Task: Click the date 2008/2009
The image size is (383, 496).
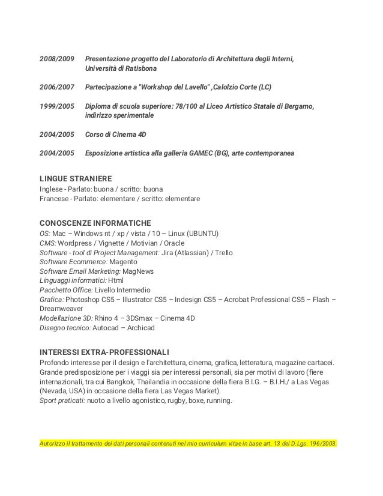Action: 57,59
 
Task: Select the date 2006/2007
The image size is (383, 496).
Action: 57,88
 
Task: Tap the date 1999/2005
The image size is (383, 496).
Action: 57,106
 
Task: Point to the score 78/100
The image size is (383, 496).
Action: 183,106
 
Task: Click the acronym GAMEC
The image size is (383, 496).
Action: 195,153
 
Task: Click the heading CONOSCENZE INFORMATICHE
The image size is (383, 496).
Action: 95,223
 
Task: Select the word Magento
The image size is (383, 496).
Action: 122,262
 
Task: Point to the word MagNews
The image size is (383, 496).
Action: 139,271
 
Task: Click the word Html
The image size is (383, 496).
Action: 116,280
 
